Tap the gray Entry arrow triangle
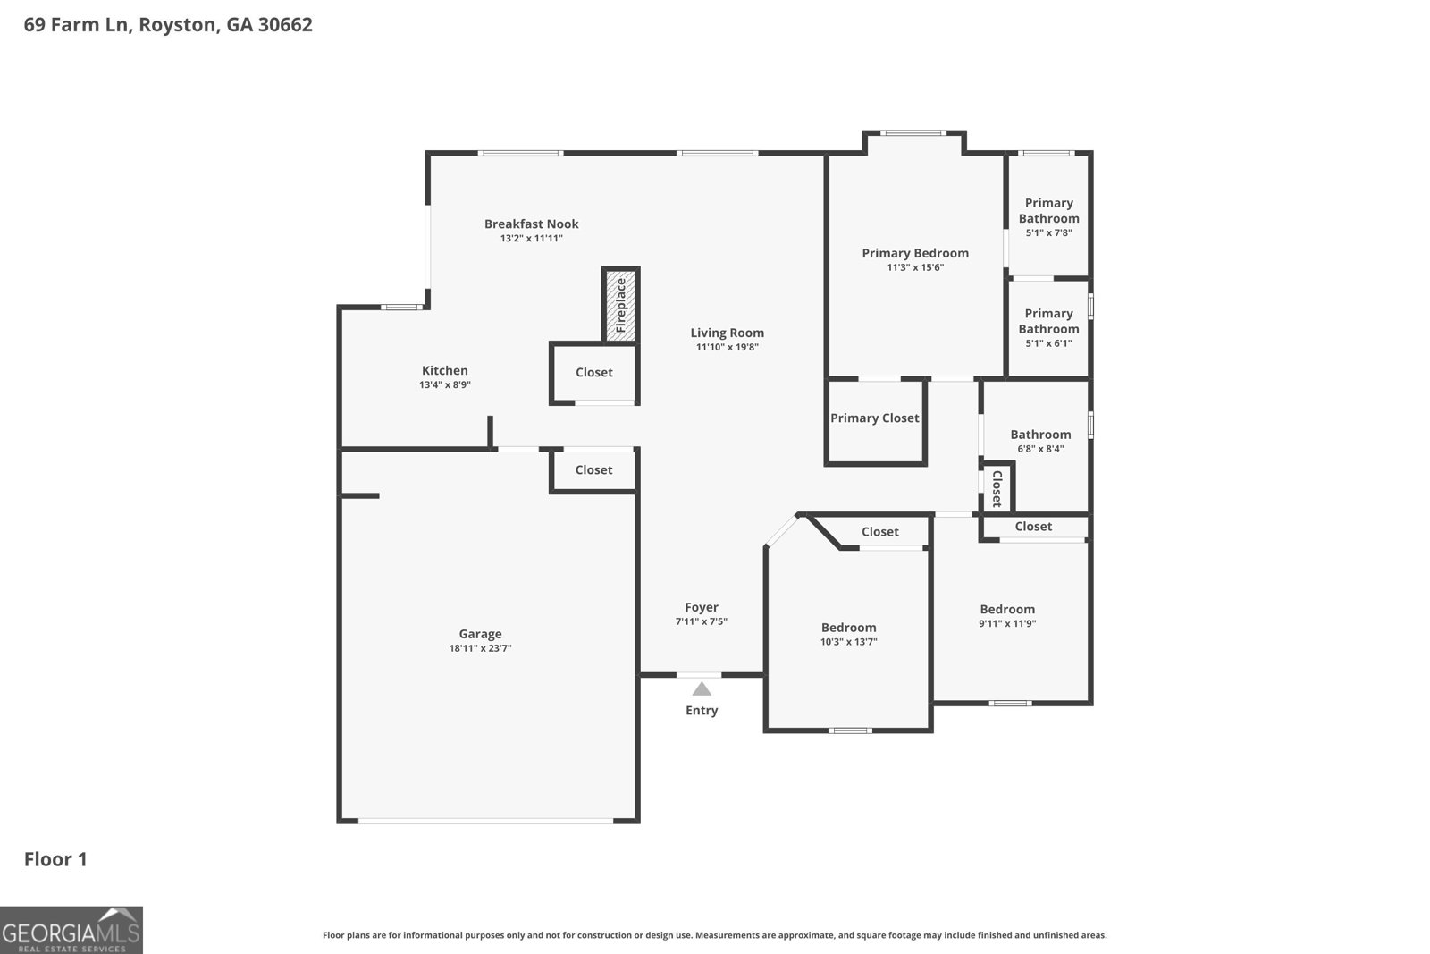point(702,688)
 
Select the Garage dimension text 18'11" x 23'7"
point(480,649)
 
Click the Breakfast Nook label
point(531,224)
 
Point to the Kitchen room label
point(444,370)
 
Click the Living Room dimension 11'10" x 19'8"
point(727,347)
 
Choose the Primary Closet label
point(874,418)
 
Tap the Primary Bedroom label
point(914,253)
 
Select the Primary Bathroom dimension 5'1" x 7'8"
point(1048,232)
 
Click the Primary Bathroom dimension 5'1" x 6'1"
point(1048,343)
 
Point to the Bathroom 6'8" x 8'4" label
point(1040,435)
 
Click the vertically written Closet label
point(997,488)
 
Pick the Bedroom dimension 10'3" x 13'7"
point(848,642)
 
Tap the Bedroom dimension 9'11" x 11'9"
point(1007,624)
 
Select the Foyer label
point(702,607)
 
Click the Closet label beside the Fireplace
point(593,372)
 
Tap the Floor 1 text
point(55,859)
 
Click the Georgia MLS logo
point(71,930)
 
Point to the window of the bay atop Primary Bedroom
point(912,133)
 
